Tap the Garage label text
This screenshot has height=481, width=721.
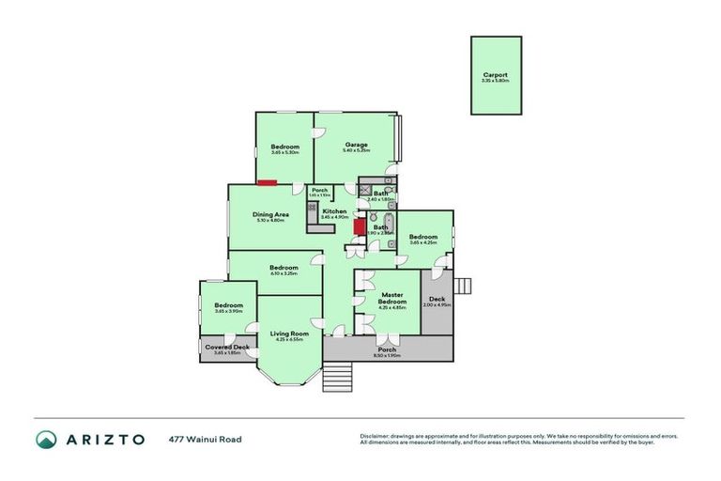[355, 145]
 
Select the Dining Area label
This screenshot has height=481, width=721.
[268, 214]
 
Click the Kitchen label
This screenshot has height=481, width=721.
[334, 211]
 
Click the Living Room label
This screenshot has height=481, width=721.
[289, 334]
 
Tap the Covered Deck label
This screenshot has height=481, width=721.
[227, 348]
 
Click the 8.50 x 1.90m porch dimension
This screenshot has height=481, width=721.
[387, 355]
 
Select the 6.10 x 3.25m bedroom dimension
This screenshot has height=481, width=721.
[284, 273]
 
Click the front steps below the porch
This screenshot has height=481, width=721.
[336, 377]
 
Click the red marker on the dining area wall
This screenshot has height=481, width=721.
[268, 182]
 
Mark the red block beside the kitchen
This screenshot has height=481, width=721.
[358, 225]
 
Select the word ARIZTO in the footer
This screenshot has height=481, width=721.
[104, 439]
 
